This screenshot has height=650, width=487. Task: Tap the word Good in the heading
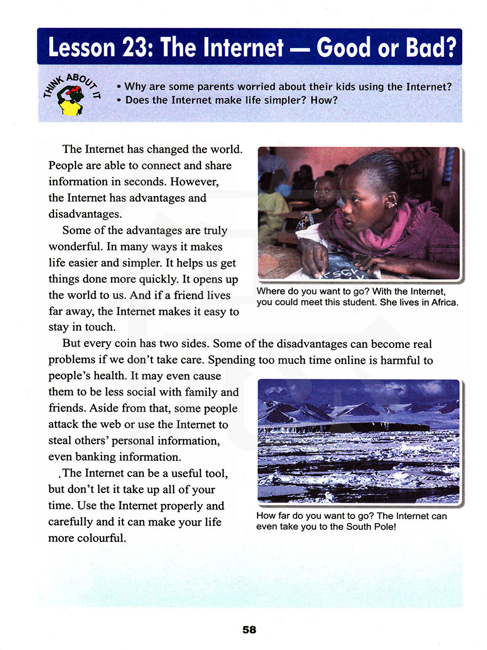[x=343, y=48]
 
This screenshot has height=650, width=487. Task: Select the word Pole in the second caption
[x=382, y=526]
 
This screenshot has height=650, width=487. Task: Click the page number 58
[x=249, y=630]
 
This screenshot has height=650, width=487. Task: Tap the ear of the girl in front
[x=390, y=200]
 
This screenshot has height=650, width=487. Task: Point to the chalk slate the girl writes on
[x=343, y=270]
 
